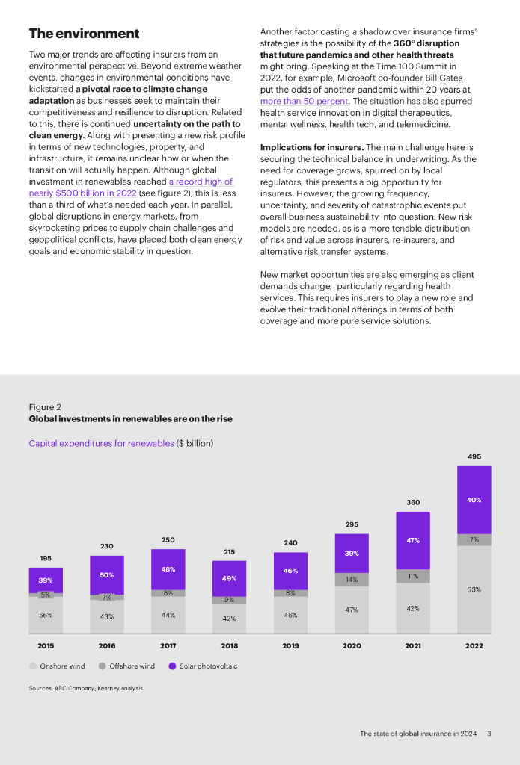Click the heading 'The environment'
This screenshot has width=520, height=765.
point(84,34)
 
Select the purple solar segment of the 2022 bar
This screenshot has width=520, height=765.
point(474,500)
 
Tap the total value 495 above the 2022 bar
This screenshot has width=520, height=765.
point(474,456)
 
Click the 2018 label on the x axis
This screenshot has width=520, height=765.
point(229,645)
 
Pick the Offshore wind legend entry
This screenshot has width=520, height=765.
point(126,666)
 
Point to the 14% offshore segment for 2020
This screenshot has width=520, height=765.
point(352,579)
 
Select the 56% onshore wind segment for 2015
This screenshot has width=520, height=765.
point(46,615)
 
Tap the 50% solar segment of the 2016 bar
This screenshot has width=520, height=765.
point(107,574)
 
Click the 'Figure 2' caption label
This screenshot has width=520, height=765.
point(45,407)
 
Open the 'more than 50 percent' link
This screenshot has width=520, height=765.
point(304,101)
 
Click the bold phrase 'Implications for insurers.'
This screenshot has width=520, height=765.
point(311,148)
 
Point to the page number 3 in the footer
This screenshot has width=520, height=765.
point(489,734)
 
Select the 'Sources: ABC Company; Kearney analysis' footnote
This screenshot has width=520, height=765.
point(85,688)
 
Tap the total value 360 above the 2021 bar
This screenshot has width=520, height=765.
point(413,502)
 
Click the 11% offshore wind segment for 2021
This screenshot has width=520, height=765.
point(413,576)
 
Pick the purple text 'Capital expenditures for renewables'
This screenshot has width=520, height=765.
point(101,443)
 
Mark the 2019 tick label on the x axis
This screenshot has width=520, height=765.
point(290,645)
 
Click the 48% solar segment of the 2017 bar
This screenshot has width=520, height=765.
point(168,569)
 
